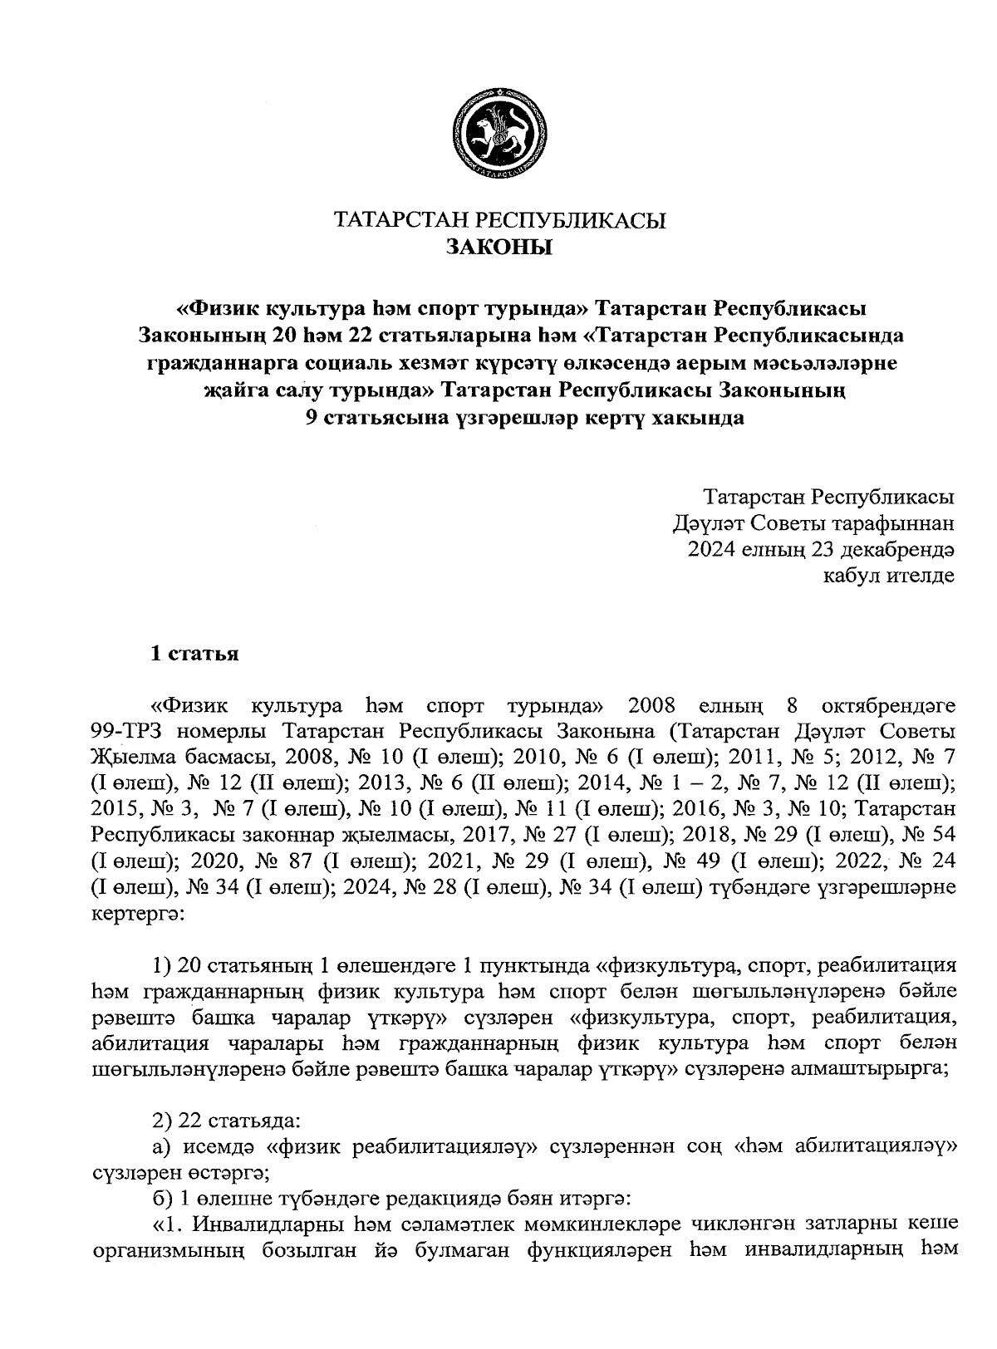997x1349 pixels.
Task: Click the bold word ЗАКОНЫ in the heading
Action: pos(498,247)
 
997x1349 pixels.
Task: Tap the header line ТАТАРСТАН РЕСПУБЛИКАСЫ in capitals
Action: pos(498,219)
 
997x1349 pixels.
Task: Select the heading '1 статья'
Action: pos(194,654)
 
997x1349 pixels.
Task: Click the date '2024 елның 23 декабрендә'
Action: pos(821,550)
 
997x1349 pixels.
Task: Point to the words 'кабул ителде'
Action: pos(888,576)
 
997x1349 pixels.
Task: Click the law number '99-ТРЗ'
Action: pos(125,732)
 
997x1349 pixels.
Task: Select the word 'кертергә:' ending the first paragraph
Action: pos(131,913)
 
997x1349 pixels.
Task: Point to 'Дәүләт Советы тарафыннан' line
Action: pos(813,523)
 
